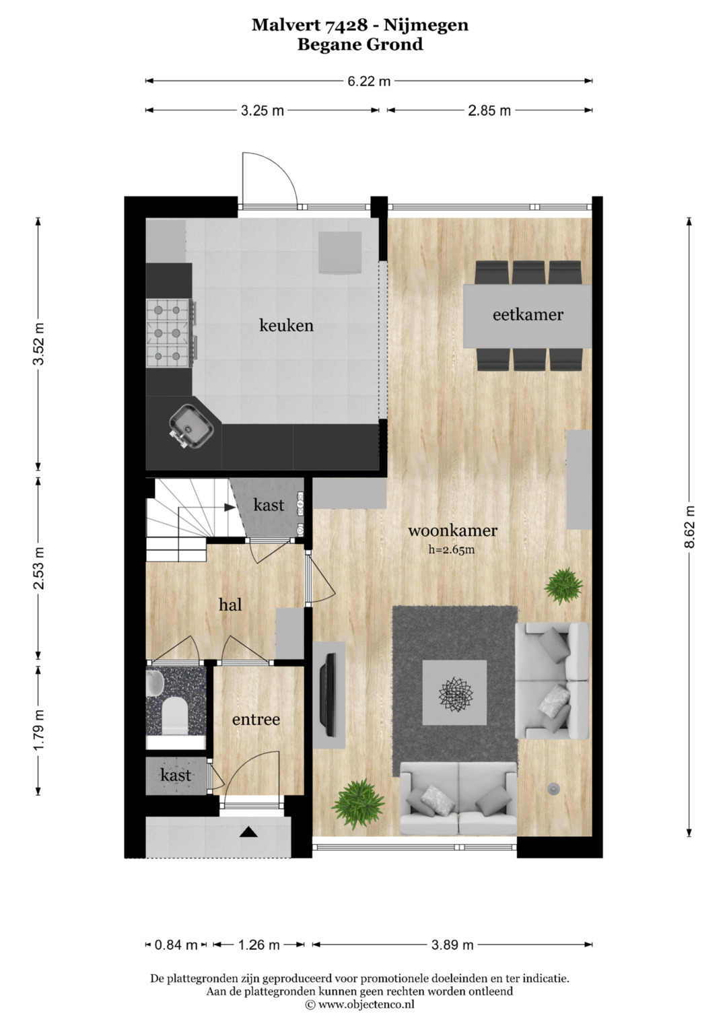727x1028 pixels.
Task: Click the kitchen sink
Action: pyautogui.click(x=191, y=425)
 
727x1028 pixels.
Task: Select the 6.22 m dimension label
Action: pyautogui.click(x=369, y=81)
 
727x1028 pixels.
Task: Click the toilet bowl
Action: pyautogui.click(x=175, y=716)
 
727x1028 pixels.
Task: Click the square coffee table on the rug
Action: pyautogui.click(x=454, y=693)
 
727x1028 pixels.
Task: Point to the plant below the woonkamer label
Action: pyautogui.click(x=563, y=586)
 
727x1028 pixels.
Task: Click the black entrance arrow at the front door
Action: pyautogui.click(x=248, y=831)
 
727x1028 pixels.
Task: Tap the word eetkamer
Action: pyautogui.click(x=528, y=315)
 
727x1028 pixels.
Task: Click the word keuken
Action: pyautogui.click(x=286, y=325)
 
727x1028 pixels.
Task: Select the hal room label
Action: pyautogui.click(x=230, y=605)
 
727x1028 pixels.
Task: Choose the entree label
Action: pyautogui.click(x=256, y=720)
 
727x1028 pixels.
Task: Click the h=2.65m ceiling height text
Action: pyautogui.click(x=452, y=549)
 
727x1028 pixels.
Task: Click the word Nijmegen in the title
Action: pyautogui.click(x=426, y=25)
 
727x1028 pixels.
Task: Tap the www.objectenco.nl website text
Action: pyautogui.click(x=366, y=1004)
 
